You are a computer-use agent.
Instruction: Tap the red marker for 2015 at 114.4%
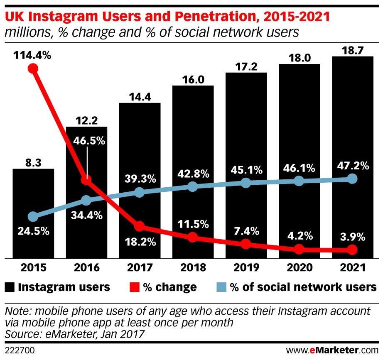[33, 69]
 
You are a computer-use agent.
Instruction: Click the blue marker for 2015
[33, 216]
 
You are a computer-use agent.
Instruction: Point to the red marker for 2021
[352, 250]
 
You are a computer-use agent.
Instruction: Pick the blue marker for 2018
[192, 186]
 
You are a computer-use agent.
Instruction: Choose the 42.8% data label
[192, 172]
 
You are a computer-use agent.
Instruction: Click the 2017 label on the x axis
[139, 267]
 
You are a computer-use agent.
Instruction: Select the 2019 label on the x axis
[246, 267]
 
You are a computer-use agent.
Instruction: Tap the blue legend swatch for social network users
[222, 287]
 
